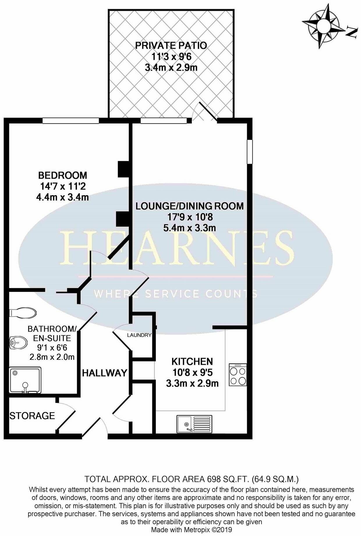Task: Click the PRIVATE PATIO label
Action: [x=171, y=46]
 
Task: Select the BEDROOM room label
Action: [x=63, y=175]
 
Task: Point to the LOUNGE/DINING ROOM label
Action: [x=190, y=206]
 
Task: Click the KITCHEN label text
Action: [x=192, y=362]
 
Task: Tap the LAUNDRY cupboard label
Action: [x=139, y=335]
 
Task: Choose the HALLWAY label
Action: [x=105, y=373]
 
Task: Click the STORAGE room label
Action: [x=32, y=416]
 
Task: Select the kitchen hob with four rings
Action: [x=238, y=375]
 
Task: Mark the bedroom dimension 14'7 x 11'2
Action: [x=63, y=186]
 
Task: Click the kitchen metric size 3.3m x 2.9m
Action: [x=192, y=384]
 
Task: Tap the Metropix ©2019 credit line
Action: [x=191, y=530]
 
